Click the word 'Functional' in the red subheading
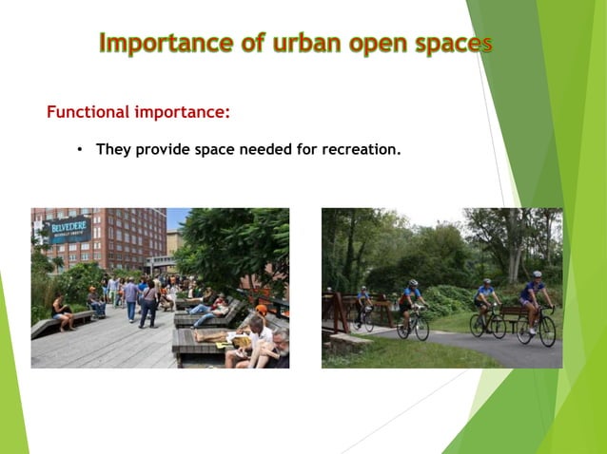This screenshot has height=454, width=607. (x=88, y=112)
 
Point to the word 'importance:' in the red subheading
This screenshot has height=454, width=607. (x=182, y=112)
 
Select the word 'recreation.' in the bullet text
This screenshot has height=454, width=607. (x=362, y=149)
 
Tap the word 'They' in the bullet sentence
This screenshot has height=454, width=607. (x=112, y=149)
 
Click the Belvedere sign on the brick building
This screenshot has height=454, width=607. (x=68, y=229)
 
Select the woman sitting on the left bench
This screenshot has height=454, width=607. (x=62, y=311)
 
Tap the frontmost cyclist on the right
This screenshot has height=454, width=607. (x=534, y=300)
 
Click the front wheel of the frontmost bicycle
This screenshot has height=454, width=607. (x=547, y=331)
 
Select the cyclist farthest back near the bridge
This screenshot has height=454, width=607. (x=363, y=302)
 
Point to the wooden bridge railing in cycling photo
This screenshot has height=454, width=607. (x=335, y=308)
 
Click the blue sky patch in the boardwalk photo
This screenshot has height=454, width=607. (x=177, y=218)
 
